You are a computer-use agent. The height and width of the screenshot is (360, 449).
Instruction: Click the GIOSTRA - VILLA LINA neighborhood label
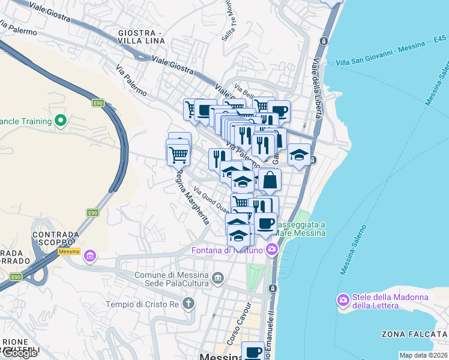point(141,37)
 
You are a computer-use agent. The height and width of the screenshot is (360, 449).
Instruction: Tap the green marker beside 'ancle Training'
point(60,121)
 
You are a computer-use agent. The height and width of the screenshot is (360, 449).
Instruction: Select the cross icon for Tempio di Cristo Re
point(188,303)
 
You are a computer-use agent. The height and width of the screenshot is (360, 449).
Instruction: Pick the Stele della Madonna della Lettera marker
point(343,300)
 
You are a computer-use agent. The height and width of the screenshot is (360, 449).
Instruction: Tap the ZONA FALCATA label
point(414,333)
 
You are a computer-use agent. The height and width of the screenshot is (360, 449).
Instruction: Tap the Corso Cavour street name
point(238,327)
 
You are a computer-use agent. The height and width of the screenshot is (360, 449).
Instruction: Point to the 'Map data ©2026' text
point(423,355)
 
